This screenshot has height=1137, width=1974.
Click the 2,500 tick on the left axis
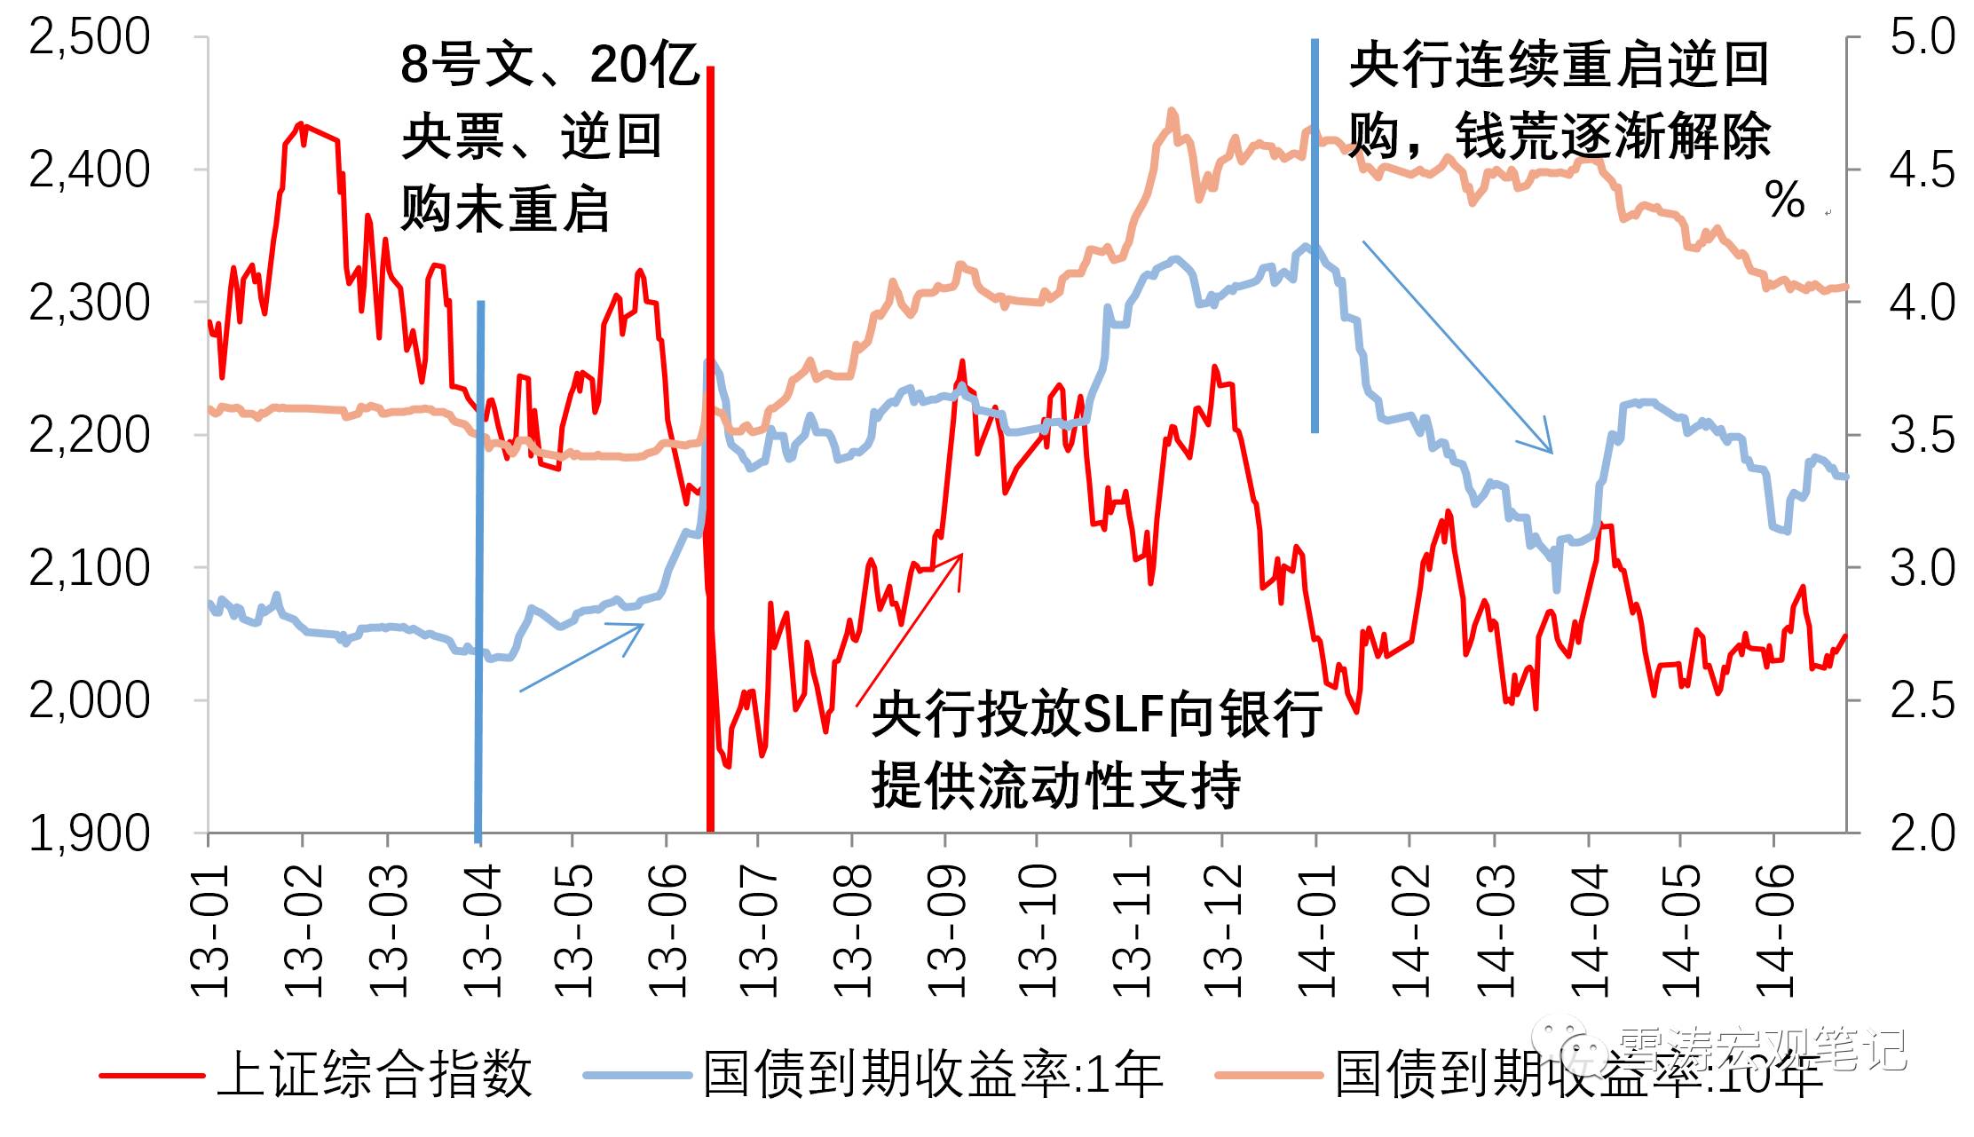[x=90, y=37]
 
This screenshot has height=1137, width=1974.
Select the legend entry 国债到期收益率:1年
[x=932, y=1074]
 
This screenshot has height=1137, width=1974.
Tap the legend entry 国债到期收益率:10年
[x=1580, y=1074]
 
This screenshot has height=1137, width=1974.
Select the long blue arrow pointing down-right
[x=1456, y=346]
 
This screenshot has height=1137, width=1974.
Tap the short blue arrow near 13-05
[x=581, y=657]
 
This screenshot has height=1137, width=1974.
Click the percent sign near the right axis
[x=1784, y=199]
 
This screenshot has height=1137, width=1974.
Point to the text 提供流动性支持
[x=1056, y=785]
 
